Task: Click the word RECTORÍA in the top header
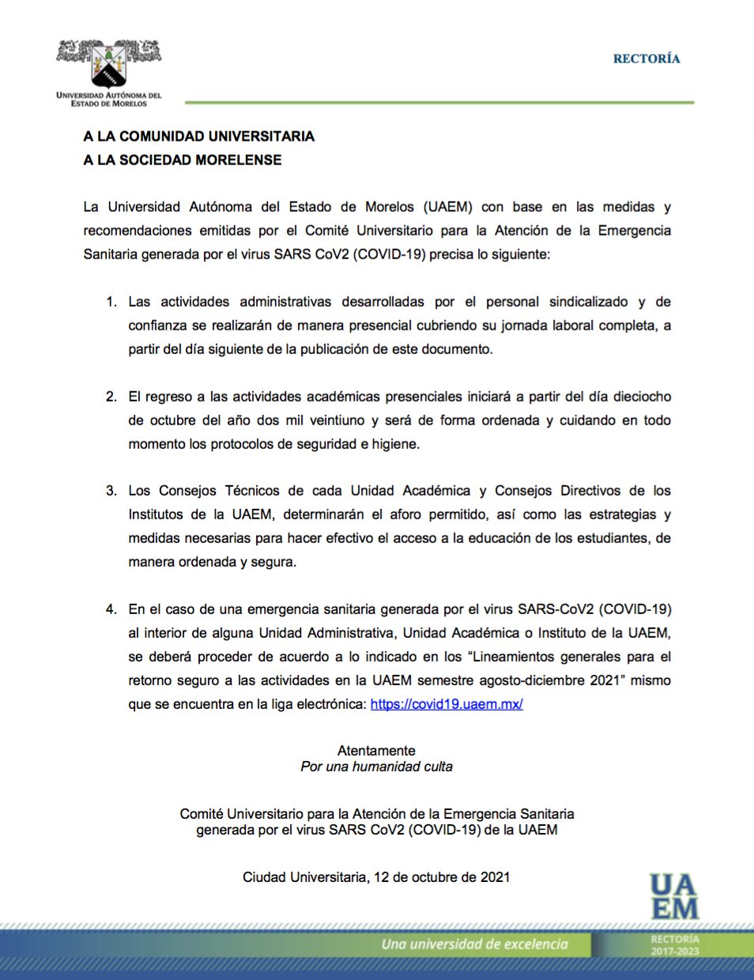tap(646, 58)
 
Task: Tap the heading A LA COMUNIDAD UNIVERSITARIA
tap(199, 136)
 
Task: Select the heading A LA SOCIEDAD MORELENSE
tap(183, 160)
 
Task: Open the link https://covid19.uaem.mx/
tap(447, 703)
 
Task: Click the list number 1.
tap(111, 302)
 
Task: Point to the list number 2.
tap(111, 397)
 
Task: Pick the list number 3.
tap(111, 491)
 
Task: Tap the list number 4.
tap(111, 609)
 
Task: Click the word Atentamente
tap(376, 751)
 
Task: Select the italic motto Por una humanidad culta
tap(376, 767)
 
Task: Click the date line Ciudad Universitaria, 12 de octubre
tap(376, 877)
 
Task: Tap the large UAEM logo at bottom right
tap(674, 897)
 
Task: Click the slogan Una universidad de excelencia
tap(474, 944)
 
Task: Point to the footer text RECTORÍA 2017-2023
tap(675, 945)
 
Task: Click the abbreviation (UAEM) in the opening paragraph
tap(448, 207)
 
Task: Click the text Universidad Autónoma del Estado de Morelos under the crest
tap(109, 100)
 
